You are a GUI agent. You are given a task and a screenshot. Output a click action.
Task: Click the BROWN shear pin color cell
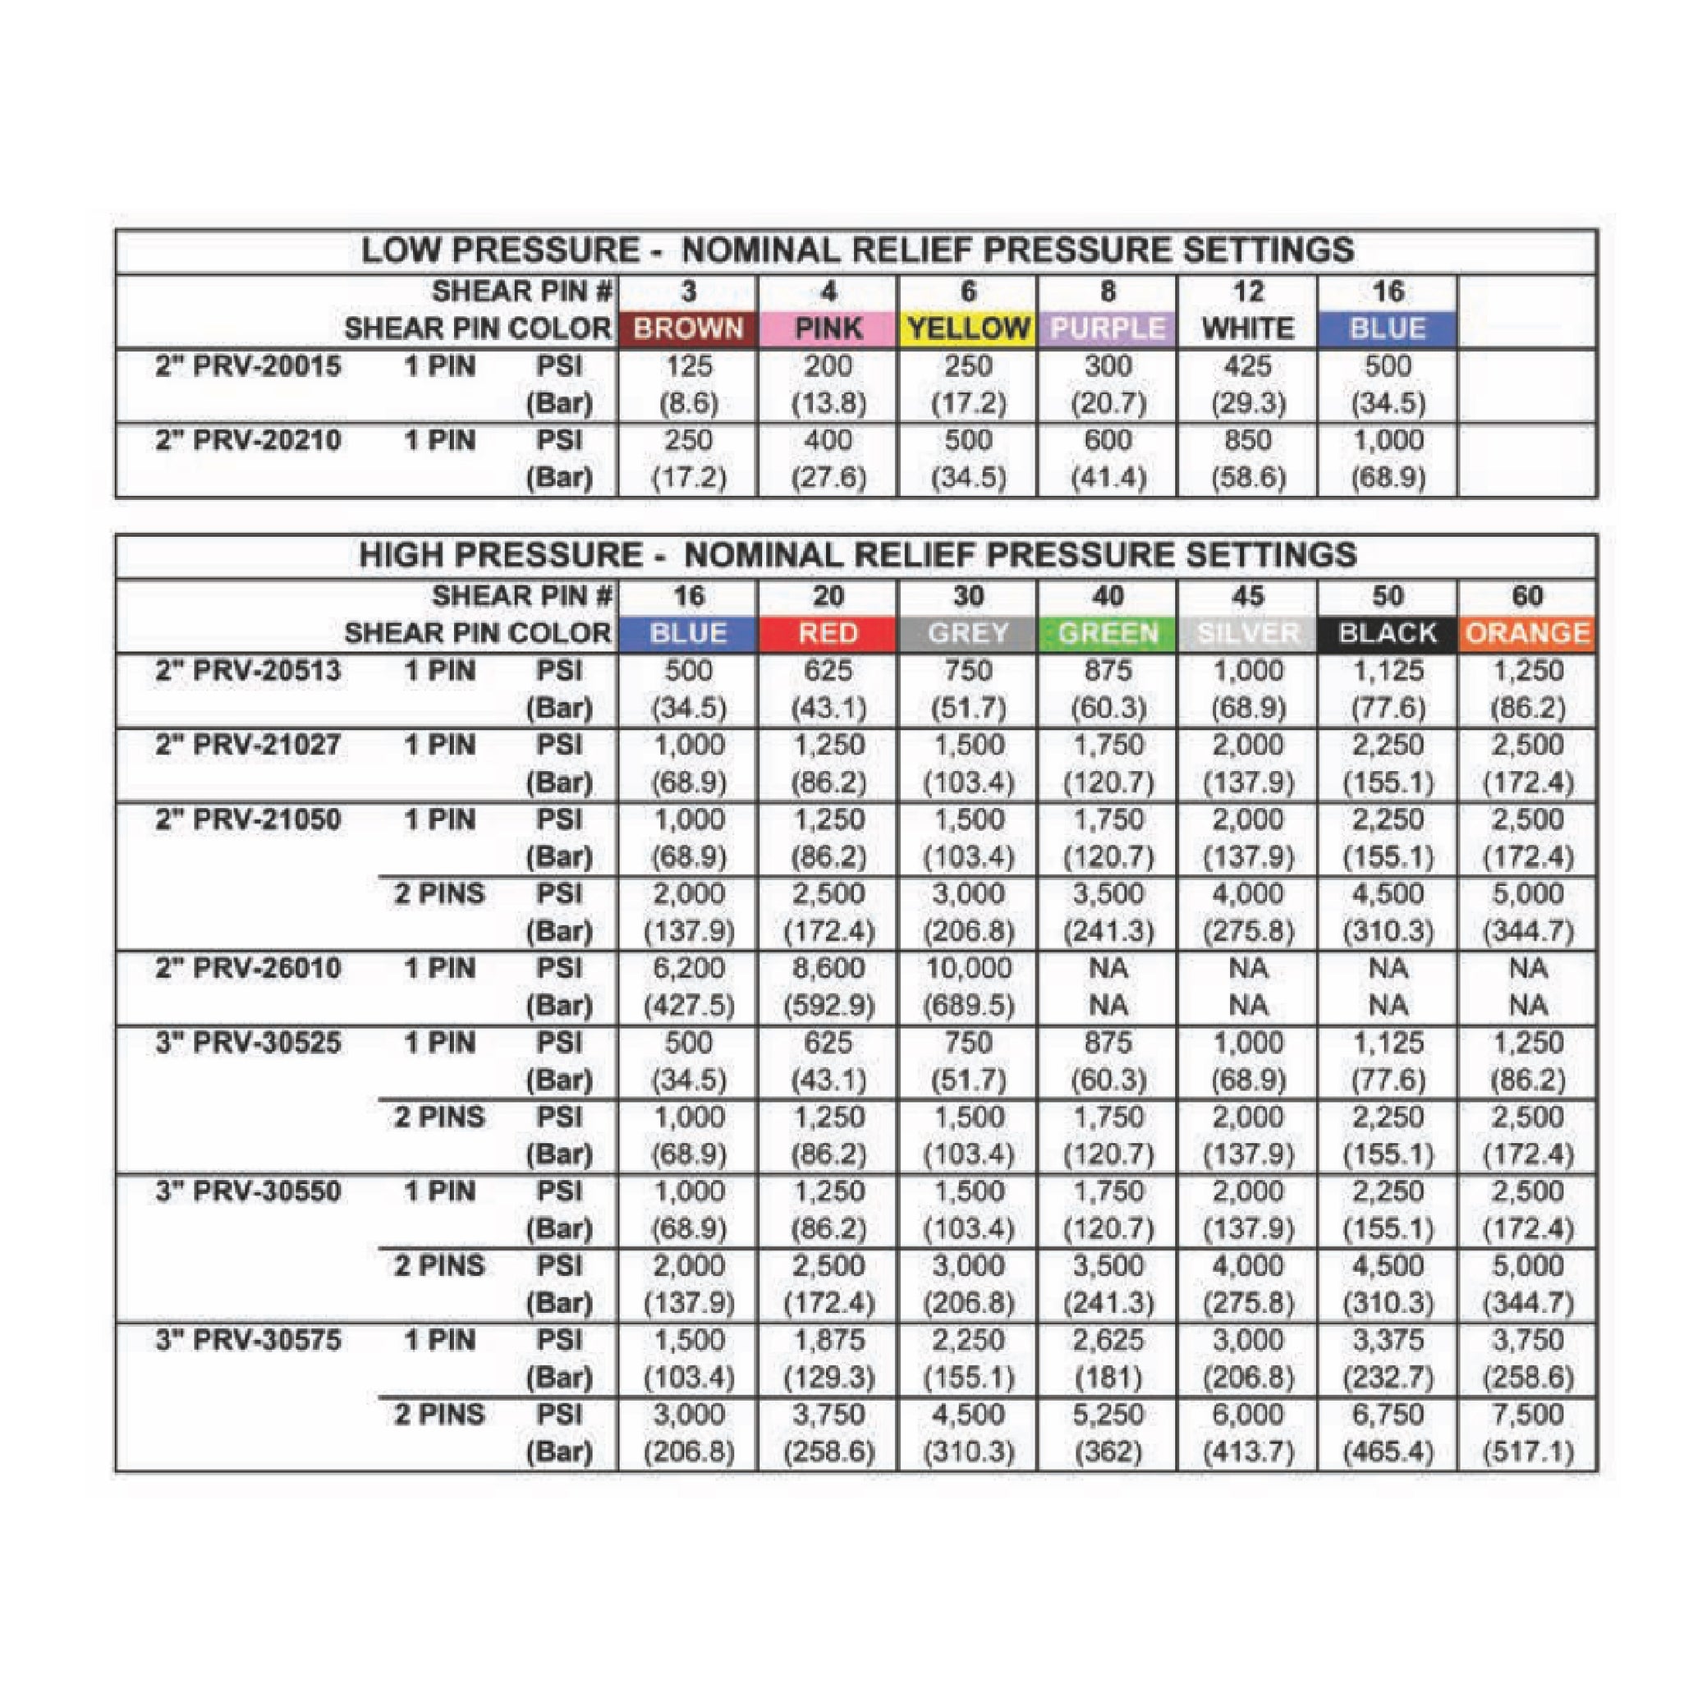pyautogui.click(x=687, y=328)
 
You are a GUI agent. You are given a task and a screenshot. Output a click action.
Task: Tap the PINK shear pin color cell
pyautogui.click(x=828, y=328)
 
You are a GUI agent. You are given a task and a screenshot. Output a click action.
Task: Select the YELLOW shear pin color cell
pyautogui.click(x=967, y=328)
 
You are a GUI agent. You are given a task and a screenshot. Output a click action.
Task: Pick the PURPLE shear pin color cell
pyautogui.click(x=1107, y=328)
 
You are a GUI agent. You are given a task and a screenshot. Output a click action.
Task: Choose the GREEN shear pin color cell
pyautogui.click(x=1107, y=634)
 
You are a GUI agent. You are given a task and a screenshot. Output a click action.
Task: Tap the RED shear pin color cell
pyautogui.click(x=828, y=634)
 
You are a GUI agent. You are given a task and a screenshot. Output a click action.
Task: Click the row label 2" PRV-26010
pyautogui.click(x=248, y=968)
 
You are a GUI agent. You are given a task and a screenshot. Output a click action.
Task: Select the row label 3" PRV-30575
pyautogui.click(x=248, y=1340)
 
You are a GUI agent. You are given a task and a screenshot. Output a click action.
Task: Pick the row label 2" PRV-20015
pyautogui.click(x=248, y=366)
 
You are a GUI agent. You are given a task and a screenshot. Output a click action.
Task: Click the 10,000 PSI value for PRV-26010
pyautogui.click(x=967, y=968)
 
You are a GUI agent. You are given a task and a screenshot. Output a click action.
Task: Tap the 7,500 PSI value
pyautogui.click(x=1528, y=1415)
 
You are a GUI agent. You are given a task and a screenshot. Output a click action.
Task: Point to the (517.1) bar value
pyautogui.click(x=1528, y=1452)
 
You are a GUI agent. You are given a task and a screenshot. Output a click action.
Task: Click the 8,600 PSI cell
pyautogui.click(x=828, y=968)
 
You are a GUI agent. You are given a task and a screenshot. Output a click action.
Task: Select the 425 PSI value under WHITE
pyautogui.click(x=1247, y=366)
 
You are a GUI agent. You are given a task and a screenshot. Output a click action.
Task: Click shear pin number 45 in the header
pyautogui.click(x=1247, y=596)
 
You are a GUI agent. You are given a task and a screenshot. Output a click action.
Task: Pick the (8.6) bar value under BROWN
pyautogui.click(x=687, y=404)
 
